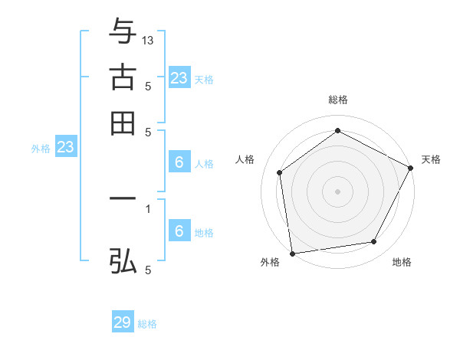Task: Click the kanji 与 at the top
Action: click(x=123, y=32)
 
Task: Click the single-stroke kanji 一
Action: click(x=123, y=198)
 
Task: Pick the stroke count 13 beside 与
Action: click(x=148, y=41)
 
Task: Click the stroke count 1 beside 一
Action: click(x=148, y=208)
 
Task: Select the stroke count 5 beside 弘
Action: click(x=148, y=270)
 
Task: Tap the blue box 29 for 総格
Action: click(x=123, y=322)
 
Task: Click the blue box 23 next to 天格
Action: click(x=179, y=77)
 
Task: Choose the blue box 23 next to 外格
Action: click(x=65, y=148)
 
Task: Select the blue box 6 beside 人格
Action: click(x=179, y=162)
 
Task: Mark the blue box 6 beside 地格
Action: click(x=179, y=231)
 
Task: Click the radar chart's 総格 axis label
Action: click(x=338, y=100)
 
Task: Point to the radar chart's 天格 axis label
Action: click(x=431, y=159)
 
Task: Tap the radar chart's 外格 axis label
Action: click(x=270, y=262)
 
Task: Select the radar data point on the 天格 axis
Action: click(x=412, y=167)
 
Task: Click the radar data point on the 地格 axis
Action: click(x=374, y=242)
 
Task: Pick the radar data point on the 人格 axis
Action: click(x=280, y=172)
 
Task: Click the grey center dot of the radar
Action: click(x=338, y=191)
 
